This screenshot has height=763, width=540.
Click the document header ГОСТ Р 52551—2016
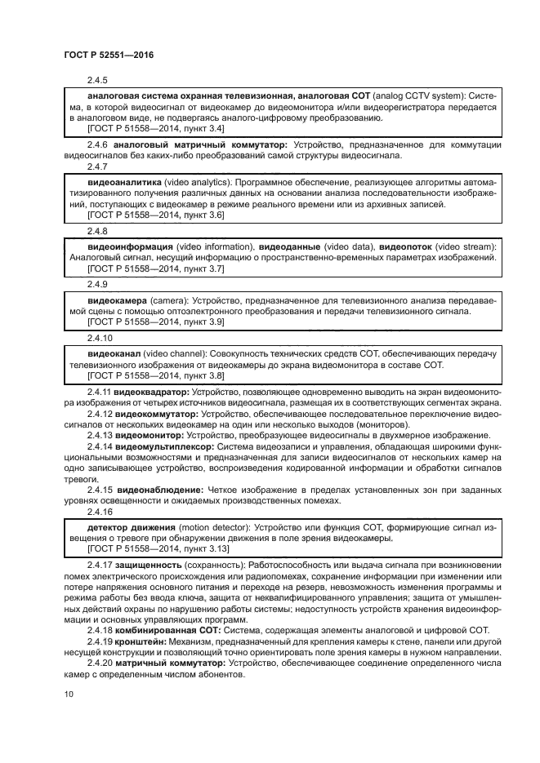coord(108,55)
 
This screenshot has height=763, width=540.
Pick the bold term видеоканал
coord(114,353)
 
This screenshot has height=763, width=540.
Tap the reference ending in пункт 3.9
coord(155,322)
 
